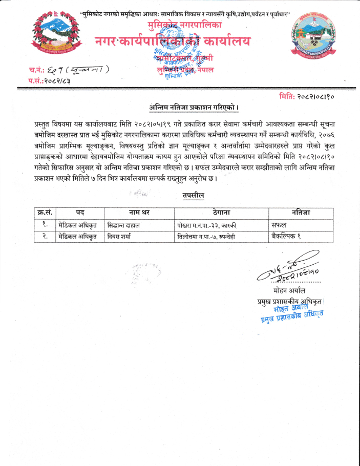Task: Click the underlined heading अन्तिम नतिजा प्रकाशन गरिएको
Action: [194, 107]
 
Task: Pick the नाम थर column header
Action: [139, 213]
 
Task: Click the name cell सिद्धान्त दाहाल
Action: [124, 225]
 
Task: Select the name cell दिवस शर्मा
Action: [121, 236]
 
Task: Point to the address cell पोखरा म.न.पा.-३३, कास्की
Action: [209, 225]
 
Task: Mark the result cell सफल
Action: [280, 225]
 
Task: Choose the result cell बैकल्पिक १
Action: [286, 236]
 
